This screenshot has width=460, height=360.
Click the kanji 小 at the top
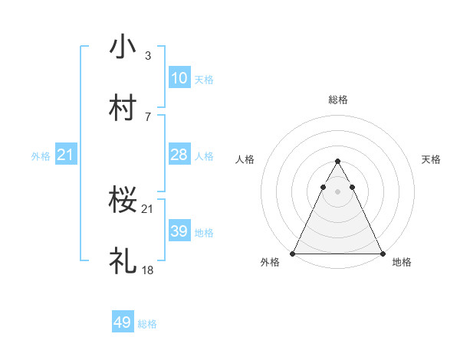tap(123, 47)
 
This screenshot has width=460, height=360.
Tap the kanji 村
tap(123, 106)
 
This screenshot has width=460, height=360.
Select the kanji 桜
tap(123, 200)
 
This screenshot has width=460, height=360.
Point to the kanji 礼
tap(123, 260)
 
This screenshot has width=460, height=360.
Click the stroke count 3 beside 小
tap(147, 56)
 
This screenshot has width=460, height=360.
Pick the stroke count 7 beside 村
tap(147, 116)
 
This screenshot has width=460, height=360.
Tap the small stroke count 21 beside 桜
tap(147, 209)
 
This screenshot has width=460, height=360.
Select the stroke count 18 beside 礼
tap(147, 270)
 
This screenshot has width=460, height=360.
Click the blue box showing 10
tap(179, 78)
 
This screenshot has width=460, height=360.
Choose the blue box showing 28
tap(179, 155)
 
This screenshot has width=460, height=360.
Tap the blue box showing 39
tap(179, 231)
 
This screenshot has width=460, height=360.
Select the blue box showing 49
tap(123, 322)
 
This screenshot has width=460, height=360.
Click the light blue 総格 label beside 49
tap(147, 324)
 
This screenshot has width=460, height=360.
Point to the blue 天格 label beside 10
tap(204, 80)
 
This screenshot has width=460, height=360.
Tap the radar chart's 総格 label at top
tap(337, 100)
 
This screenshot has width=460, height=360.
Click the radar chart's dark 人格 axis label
tap(245, 159)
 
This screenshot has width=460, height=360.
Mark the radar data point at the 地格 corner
tap(382, 253)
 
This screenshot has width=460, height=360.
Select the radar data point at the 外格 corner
tap(294, 253)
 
